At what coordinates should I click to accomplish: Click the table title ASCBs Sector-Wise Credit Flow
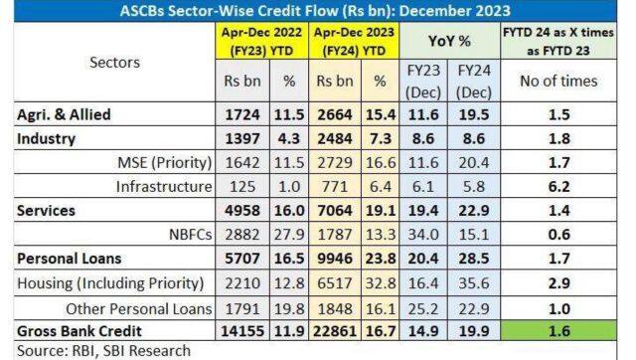[317, 11]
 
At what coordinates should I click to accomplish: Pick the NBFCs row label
[188, 233]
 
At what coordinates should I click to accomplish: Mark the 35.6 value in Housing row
[470, 281]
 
